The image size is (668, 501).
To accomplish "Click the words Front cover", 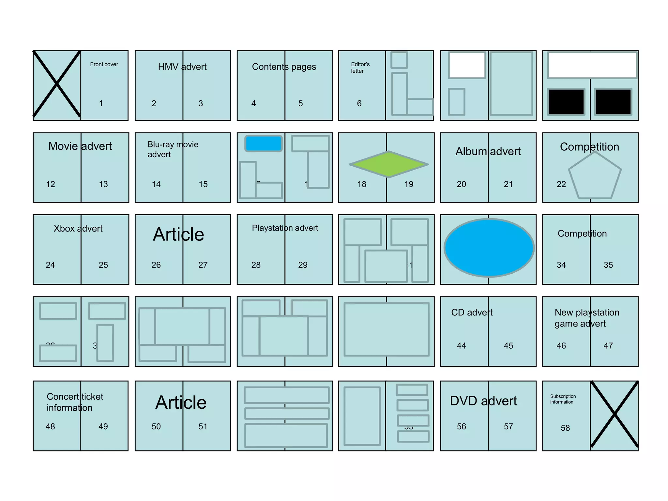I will coord(104,64).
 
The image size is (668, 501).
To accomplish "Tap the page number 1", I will coord(101,103).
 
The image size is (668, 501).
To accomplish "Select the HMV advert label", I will coord(182,67).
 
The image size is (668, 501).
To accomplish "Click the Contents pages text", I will coord(284,67).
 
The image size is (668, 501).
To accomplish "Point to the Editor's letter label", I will coord(360,68).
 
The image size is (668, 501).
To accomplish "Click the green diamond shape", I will coord(388,164).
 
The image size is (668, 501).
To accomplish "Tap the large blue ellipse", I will coord(489,248).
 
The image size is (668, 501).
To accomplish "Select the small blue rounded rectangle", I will coord(264,144).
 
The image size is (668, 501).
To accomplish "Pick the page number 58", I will coord(565,428).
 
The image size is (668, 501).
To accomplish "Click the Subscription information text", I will coord(563,399).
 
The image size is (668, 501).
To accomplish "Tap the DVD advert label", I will coord(483,401).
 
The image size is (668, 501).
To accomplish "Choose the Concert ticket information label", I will coord(75,402).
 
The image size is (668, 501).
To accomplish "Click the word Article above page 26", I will coord(178,234).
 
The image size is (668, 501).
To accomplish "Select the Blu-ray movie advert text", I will coord(173,149).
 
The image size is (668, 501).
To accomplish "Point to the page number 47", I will coord(608,346).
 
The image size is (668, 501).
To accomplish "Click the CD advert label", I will coord(472,312).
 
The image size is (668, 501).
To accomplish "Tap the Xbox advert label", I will coord(78,229).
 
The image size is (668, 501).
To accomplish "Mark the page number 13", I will coord(103,184).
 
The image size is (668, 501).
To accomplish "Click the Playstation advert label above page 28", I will coord(285,228).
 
